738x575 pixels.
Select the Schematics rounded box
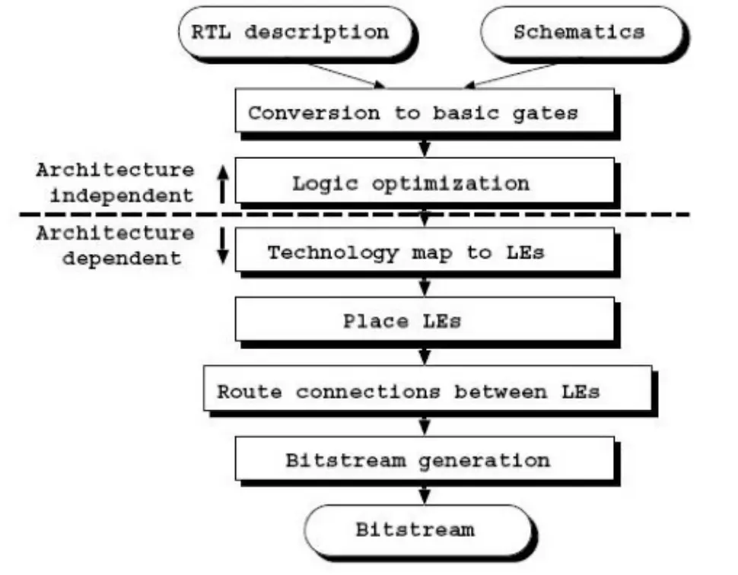[579, 33]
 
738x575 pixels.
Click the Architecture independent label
[115, 183]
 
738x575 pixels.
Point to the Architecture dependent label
[115, 245]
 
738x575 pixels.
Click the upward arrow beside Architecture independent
[222, 184]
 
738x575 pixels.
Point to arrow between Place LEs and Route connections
[425, 354]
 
